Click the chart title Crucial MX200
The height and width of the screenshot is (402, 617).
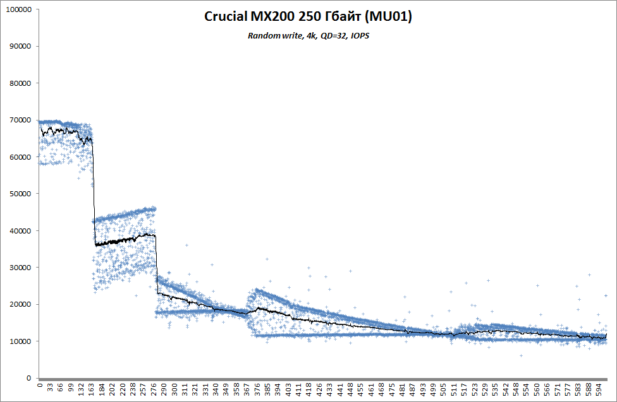pos(308,16)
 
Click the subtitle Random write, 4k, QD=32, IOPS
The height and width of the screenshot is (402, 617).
pos(308,36)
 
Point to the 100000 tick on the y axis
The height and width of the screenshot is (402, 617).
pos(19,10)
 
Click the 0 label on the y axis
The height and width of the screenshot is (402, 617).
pos(28,379)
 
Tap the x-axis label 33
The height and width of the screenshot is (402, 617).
pos(50,387)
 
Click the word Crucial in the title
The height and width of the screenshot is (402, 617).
pos(226,16)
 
